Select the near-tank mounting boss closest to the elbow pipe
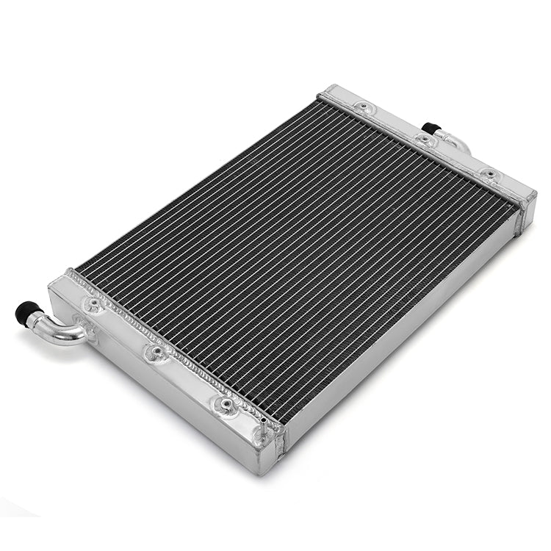tap(93, 303)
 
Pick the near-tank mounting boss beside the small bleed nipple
tap(225, 404)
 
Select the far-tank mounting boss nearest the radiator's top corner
tap(361, 109)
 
